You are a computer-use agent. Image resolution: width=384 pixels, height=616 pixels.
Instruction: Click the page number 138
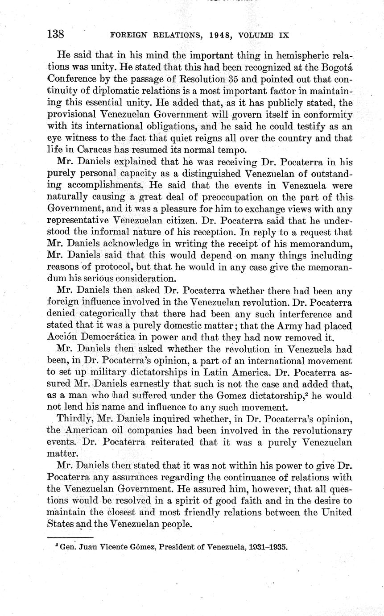coord(56,34)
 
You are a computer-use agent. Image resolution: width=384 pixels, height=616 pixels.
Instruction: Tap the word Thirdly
coord(74,419)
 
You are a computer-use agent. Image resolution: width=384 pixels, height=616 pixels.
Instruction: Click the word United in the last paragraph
coord(335,512)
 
